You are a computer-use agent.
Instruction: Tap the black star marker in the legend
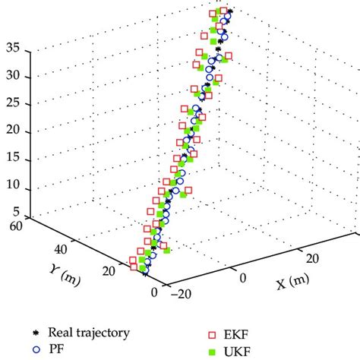pos(36,333)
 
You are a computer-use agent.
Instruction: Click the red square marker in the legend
pos(213,333)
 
